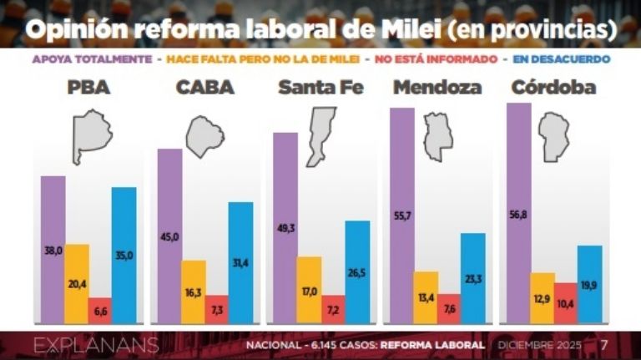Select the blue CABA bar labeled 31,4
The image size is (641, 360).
pyautogui.click(x=240, y=262)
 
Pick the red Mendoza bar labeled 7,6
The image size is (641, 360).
pyautogui.click(x=449, y=308)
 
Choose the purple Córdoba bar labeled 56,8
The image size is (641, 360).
pyautogui.click(x=518, y=213)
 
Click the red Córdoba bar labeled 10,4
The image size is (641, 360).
pyautogui.click(x=564, y=302)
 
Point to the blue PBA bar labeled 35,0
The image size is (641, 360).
pyautogui.click(x=124, y=255)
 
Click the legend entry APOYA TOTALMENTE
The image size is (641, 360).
pyautogui.click(x=92, y=59)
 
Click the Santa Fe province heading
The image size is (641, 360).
pyautogui.click(x=320, y=87)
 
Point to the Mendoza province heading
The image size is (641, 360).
pyautogui.click(x=437, y=87)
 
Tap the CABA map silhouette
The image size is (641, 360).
pyautogui.click(x=204, y=136)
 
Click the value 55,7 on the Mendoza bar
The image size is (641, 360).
pyautogui.click(x=401, y=239)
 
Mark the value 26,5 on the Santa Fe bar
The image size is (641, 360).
pyautogui.click(x=356, y=273)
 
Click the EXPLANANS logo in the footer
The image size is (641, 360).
pyautogui.click(x=83, y=345)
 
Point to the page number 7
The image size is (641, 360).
pyautogui.click(x=604, y=344)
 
